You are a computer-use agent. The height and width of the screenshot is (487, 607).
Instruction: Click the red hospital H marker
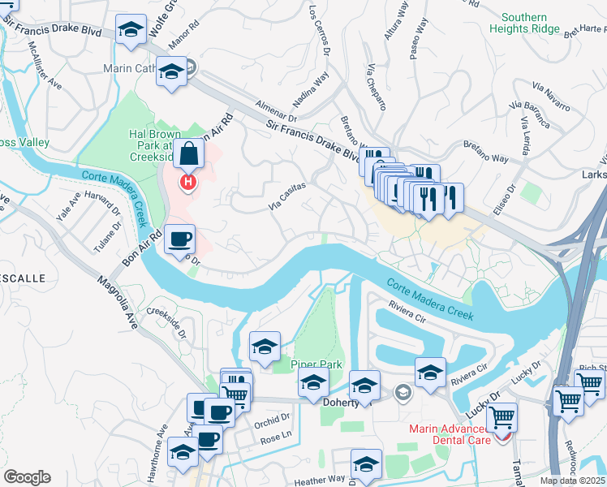(188, 182)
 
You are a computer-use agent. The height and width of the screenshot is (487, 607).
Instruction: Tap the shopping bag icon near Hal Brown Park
(188, 153)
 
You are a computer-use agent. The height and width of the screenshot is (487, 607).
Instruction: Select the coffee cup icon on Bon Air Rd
(179, 239)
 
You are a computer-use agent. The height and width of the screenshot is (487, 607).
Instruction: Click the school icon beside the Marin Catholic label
(171, 71)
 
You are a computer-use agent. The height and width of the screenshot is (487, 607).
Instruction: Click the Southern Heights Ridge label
(524, 23)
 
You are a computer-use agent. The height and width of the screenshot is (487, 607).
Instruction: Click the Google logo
(27, 476)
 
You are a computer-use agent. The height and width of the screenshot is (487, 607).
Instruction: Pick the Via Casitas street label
(287, 196)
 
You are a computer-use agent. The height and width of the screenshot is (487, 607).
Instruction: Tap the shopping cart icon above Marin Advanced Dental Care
(502, 417)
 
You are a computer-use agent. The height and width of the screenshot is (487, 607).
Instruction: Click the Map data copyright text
(573, 481)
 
